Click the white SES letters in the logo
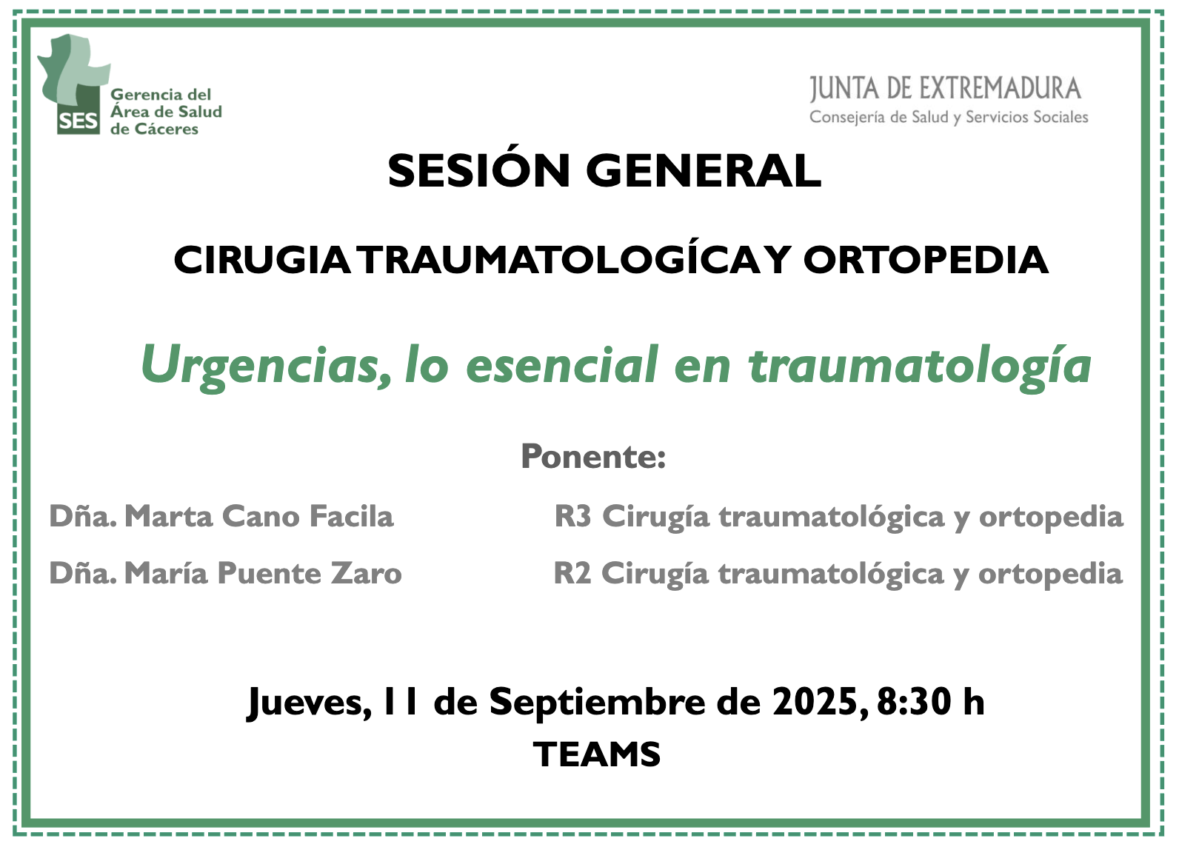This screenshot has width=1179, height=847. [x=79, y=121]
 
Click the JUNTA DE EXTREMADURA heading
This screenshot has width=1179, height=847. [x=945, y=89]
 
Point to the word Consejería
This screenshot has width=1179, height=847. [x=847, y=117]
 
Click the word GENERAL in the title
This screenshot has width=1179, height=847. [x=704, y=171]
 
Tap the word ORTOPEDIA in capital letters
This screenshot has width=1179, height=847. [x=925, y=260]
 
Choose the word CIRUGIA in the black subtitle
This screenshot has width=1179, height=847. [x=261, y=260]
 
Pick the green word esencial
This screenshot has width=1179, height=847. [x=562, y=364]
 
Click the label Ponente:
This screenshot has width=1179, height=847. [x=593, y=456]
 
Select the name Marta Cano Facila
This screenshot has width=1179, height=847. [x=259, y=515]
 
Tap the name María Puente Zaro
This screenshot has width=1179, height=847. [x=263, y=572]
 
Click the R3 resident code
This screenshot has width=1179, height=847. [x=573, y=515]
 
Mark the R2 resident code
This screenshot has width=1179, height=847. [x=572, y=573]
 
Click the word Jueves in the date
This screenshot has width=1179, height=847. [x=310, y=703]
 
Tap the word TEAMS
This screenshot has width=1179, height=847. [x=597, y=754]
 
